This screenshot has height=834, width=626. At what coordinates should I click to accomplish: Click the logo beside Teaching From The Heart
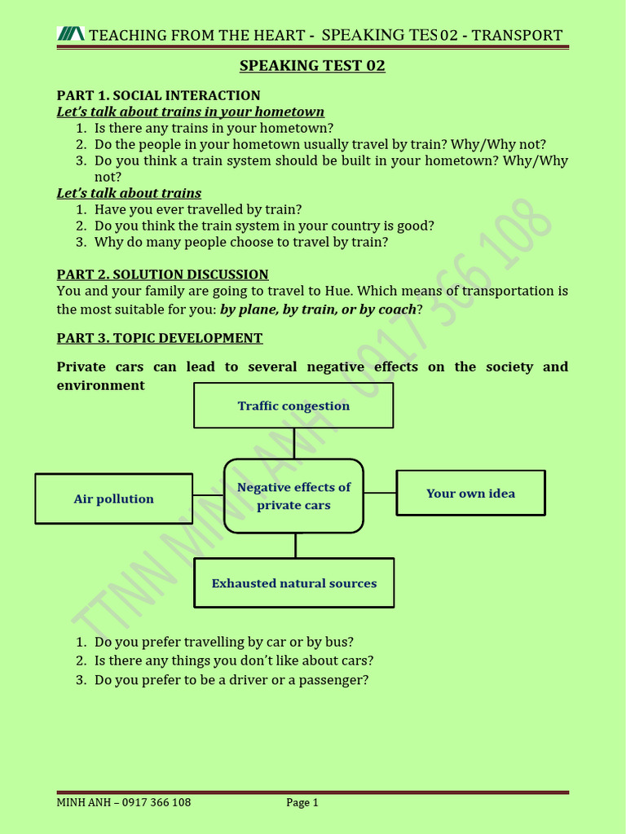(70, 34)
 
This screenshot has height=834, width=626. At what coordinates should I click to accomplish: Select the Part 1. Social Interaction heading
(158, 95)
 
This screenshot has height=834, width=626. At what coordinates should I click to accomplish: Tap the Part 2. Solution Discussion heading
(162, 274)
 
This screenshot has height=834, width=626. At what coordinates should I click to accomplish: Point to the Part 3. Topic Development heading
(160, 338)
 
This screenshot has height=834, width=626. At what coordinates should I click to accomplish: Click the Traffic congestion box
(293, 406)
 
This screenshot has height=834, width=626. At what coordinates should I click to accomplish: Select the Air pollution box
(114, 498)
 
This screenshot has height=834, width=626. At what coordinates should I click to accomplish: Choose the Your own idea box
(470, 493)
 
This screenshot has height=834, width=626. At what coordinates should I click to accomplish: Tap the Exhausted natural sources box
(294, 583)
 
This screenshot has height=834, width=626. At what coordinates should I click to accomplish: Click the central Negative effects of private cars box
(293, 496)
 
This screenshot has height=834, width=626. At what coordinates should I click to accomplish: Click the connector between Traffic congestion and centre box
(294, 443)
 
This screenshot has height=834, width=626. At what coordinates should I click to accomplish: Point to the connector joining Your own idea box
(380, 493)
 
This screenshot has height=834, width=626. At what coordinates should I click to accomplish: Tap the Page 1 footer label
(302, 802)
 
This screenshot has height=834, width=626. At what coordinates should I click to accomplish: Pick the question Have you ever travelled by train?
(198, 209)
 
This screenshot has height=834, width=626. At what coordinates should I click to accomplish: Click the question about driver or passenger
(231, 680)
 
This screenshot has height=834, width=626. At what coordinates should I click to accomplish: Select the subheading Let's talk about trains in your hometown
(190, 112)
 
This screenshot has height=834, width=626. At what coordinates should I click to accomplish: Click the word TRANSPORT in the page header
(517, 35)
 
